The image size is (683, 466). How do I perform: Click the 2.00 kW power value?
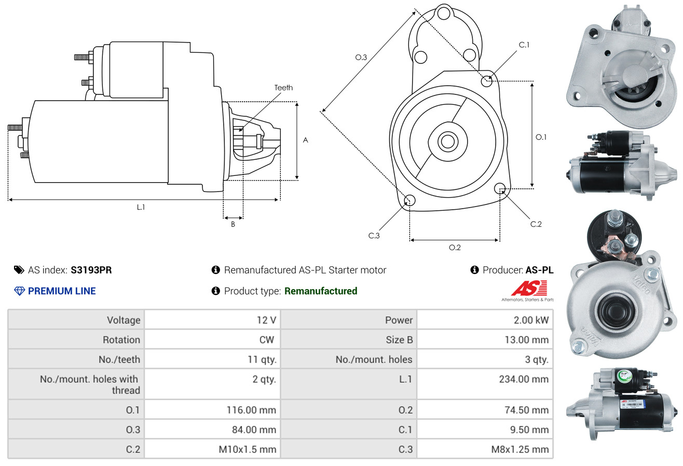pos(531,320)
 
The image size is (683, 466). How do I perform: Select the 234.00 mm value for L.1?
pos(524,379)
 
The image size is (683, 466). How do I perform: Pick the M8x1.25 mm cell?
pos(520,449)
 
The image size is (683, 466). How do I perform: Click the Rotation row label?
pos(121,340)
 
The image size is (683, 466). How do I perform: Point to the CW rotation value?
pos(268,340)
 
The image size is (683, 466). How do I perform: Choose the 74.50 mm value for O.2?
pos(527,410)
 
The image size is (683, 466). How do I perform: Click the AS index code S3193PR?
pos(91,270)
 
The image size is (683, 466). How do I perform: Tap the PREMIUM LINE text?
pos(62,291)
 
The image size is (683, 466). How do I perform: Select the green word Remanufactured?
pos(321,291)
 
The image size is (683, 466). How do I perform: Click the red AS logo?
pos(529,289)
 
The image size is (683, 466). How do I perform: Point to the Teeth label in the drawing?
pos(283,88)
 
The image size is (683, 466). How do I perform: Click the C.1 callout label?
pos(524,45)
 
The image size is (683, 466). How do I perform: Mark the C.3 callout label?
pos(374,236)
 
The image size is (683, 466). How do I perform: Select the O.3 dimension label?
pos(361,58)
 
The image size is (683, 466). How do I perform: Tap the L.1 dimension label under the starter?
pos(141,207)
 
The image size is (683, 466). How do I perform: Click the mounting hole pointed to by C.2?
pos(500,188)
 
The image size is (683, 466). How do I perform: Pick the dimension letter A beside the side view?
pos(306,140)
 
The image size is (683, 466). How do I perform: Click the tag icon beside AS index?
pos(19,270)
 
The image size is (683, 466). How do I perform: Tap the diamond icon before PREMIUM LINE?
pos(19,291)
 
